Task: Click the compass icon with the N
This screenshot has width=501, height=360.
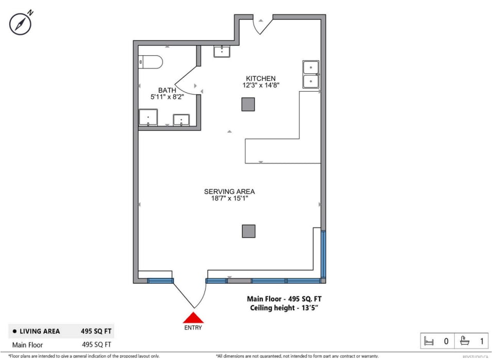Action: click(x=21, y=23)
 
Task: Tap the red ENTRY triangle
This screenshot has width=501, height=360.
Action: click(x=193, y=317)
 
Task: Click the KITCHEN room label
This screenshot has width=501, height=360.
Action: click(x=260, y=78)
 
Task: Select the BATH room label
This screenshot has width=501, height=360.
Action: click(x=163, y=90)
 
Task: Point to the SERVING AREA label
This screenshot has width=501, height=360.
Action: click(x=229, y=191)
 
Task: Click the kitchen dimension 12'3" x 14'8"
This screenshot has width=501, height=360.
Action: click(x=261, y=85)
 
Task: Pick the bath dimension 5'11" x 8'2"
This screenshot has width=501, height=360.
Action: click(x=164, y=96)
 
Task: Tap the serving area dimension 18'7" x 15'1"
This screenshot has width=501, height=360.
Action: click(x=229, y=198)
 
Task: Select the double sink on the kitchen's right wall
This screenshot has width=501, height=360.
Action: click(x=311, y=75)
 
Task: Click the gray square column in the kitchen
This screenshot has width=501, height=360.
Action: click(x=248, y=104)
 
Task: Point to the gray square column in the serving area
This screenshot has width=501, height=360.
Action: click(x=248, y=231)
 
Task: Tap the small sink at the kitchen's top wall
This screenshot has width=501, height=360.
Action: click(x=222, y=51)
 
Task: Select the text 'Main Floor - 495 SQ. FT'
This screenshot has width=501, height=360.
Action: click(x=284, y=299)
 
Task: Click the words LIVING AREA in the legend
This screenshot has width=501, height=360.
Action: click(x=40, y=331)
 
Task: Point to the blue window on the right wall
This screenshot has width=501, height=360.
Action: click(x=323, y=254)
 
